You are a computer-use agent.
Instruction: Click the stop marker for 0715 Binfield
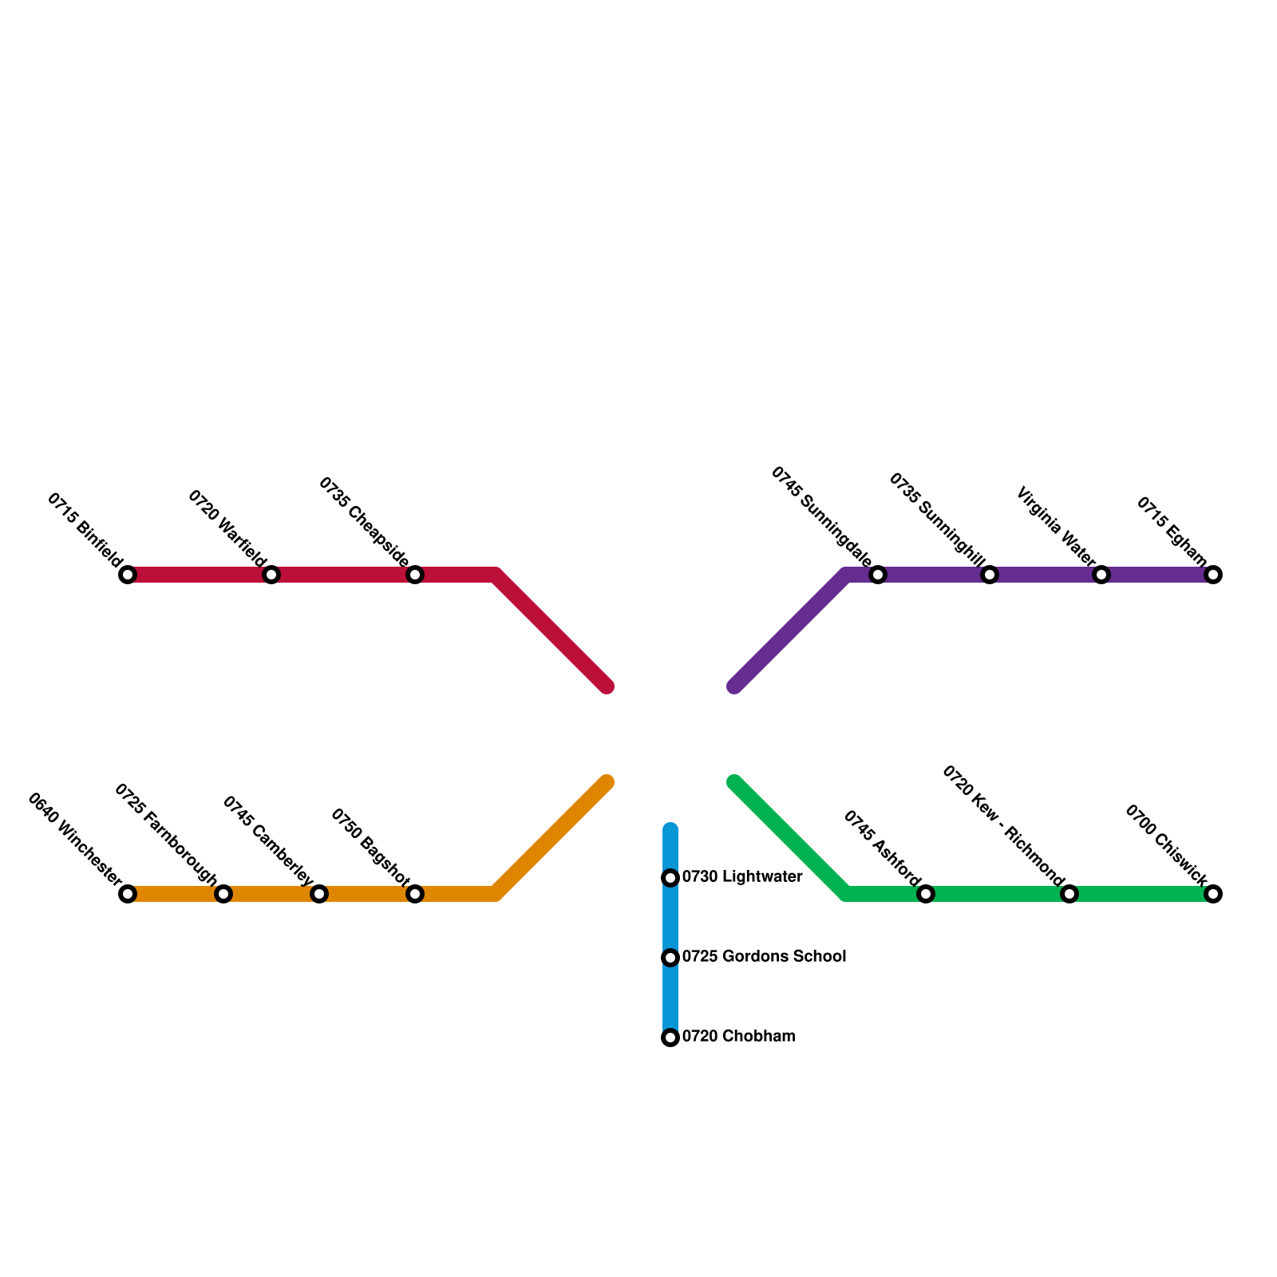128,575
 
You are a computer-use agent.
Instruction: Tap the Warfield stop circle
271,575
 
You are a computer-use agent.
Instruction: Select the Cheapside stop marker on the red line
415,575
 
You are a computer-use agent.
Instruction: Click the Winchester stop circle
128,894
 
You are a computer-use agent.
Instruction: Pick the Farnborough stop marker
223,894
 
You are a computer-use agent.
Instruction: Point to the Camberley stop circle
319,894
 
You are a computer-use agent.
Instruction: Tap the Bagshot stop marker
415,894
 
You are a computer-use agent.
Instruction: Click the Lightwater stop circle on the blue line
670,878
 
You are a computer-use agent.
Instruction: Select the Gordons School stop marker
670,958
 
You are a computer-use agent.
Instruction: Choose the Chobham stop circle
670,1038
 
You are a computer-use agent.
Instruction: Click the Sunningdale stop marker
878,575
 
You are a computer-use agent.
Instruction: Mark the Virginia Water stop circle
1101,575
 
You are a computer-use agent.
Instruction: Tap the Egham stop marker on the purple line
1213,575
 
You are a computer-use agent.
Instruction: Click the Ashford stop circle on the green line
926,894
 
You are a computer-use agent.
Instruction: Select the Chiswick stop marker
1213,894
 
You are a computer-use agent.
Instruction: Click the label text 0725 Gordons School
764,956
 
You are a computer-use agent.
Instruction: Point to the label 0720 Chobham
738,1037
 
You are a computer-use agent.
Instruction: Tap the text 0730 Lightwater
741,877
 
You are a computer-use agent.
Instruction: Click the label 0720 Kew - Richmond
1003,826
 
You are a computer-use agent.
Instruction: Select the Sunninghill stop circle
990,575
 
